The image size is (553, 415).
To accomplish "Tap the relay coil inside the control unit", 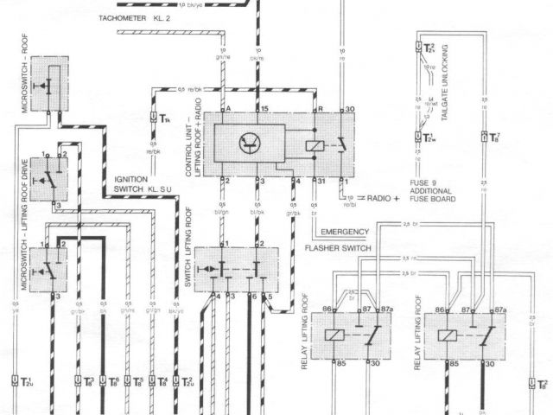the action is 315,144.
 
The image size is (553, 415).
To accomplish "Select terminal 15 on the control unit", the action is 265,109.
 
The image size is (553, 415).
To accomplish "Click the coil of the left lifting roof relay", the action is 331,334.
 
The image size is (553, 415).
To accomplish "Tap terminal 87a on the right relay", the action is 499,309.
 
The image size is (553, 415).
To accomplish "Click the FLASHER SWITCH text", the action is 338,248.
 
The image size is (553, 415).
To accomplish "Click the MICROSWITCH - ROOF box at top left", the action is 50,84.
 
